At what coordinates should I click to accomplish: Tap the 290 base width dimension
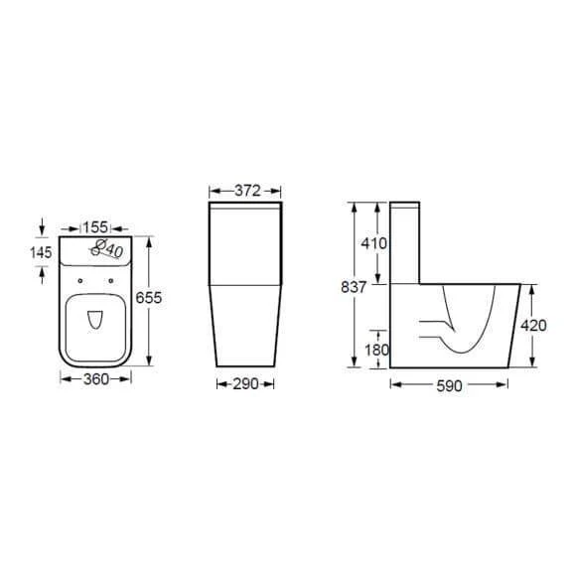[x=245, y=384]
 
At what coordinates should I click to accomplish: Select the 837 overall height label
[x=354, y=287]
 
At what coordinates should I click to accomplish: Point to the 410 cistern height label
[x=374, y=243]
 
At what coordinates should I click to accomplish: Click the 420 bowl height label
[x=533, y=326]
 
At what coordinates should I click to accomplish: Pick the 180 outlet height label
[x=376, y=350]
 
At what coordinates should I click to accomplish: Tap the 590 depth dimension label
[x=449, y=385]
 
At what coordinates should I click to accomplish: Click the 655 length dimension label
[x=149, y=298]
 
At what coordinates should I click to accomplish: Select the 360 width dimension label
[x=96, y=379]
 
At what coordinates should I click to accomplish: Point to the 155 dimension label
[x=95, y=227]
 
